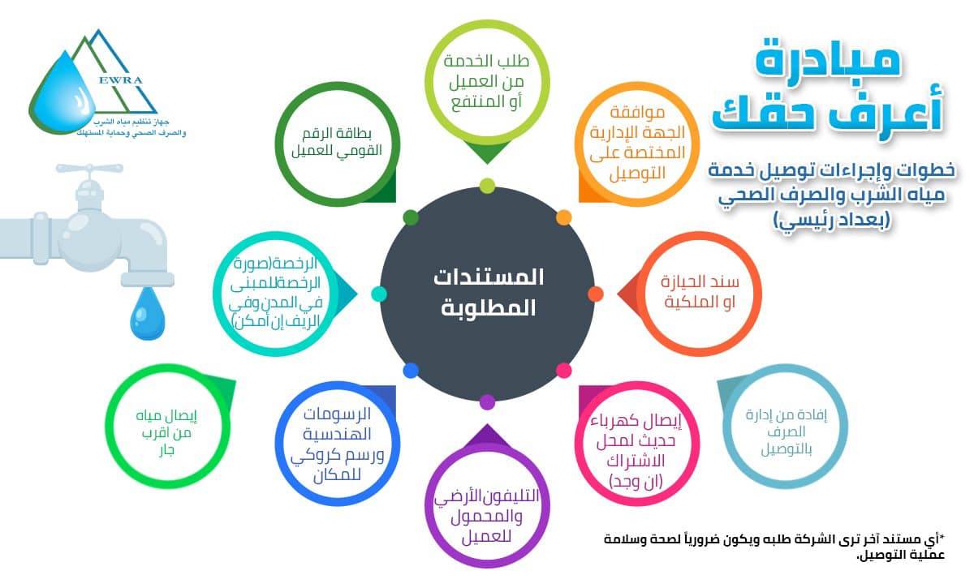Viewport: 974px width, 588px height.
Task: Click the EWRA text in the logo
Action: tap(120, 80)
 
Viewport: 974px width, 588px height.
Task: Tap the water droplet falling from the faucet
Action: tap(148, 313)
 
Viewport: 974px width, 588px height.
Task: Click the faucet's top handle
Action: tap(89, 169)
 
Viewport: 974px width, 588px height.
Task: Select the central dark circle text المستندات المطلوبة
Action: tap(488, 293)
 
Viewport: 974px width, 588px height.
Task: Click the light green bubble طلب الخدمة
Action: tap(487, 82)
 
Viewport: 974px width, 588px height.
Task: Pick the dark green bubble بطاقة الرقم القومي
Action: tap(337, 144)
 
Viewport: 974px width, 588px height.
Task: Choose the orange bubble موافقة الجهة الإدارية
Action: tap(637, 144)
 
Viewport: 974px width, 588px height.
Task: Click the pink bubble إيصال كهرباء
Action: tap(637, 444)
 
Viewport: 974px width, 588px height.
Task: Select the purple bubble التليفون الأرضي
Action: tap(487, 505)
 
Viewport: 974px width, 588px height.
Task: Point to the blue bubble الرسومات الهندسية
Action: tap(338, 444)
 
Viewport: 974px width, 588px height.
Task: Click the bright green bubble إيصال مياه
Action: tap(167, 427)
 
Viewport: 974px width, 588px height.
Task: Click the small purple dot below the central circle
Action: tap(488, 402)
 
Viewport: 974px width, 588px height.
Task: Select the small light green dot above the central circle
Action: tap(488, 186)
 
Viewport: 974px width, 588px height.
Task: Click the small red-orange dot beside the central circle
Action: tap(596, 294)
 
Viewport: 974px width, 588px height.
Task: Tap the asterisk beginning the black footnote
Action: tap(942, 538)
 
